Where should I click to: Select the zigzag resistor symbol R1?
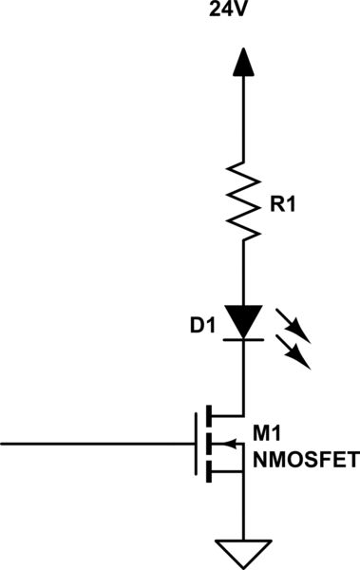point(243,203)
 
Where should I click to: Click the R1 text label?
point(284,205)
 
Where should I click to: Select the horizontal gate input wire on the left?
point(95,444)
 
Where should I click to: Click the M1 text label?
point(268,435)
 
